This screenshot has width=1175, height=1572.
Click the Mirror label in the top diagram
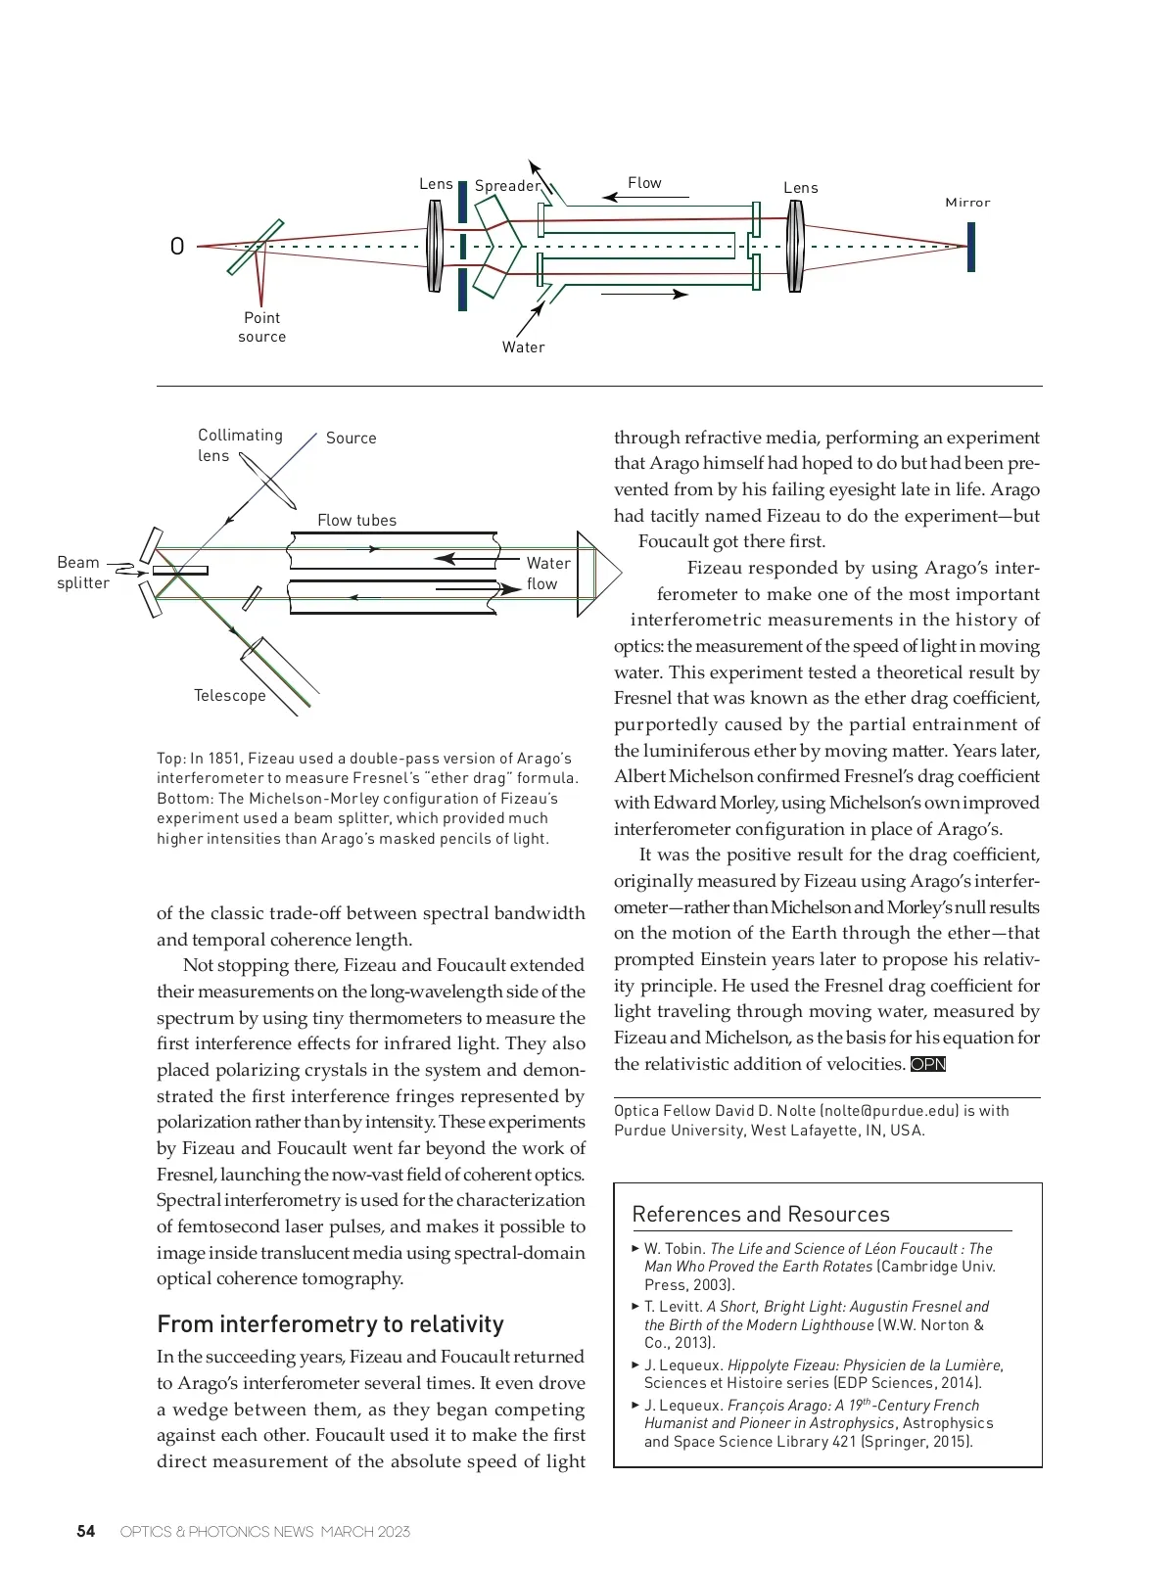(x=967, y=203)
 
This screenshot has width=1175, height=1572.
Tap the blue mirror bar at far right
(x=970, y=247)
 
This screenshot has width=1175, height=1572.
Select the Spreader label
(x=506, y=186)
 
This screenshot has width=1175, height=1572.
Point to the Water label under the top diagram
(x=523, y=347)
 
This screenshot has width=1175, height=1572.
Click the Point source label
(x=261, y=327)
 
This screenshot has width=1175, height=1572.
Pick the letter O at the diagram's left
(x=177, y=247)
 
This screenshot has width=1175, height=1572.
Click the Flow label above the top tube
(x=644, y=183)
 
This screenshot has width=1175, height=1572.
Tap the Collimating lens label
(x=240, y=445)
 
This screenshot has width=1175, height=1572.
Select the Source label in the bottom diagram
(x=351, y=439)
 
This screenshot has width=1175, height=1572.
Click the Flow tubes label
(x=356, y=520)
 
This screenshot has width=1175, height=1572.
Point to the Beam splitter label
(x=82, y=573)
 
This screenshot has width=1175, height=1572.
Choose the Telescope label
(x=229, y=695)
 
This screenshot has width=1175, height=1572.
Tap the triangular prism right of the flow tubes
(x=595, y=574)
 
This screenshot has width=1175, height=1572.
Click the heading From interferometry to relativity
(x=330, y=1324)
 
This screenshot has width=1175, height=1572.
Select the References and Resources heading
(x=761, y=1214)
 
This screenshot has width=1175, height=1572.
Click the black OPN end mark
(x=928, y=1064)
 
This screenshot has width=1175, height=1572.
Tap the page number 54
(x=86, y=1532)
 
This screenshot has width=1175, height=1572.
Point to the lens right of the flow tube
(x=795, y=247)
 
